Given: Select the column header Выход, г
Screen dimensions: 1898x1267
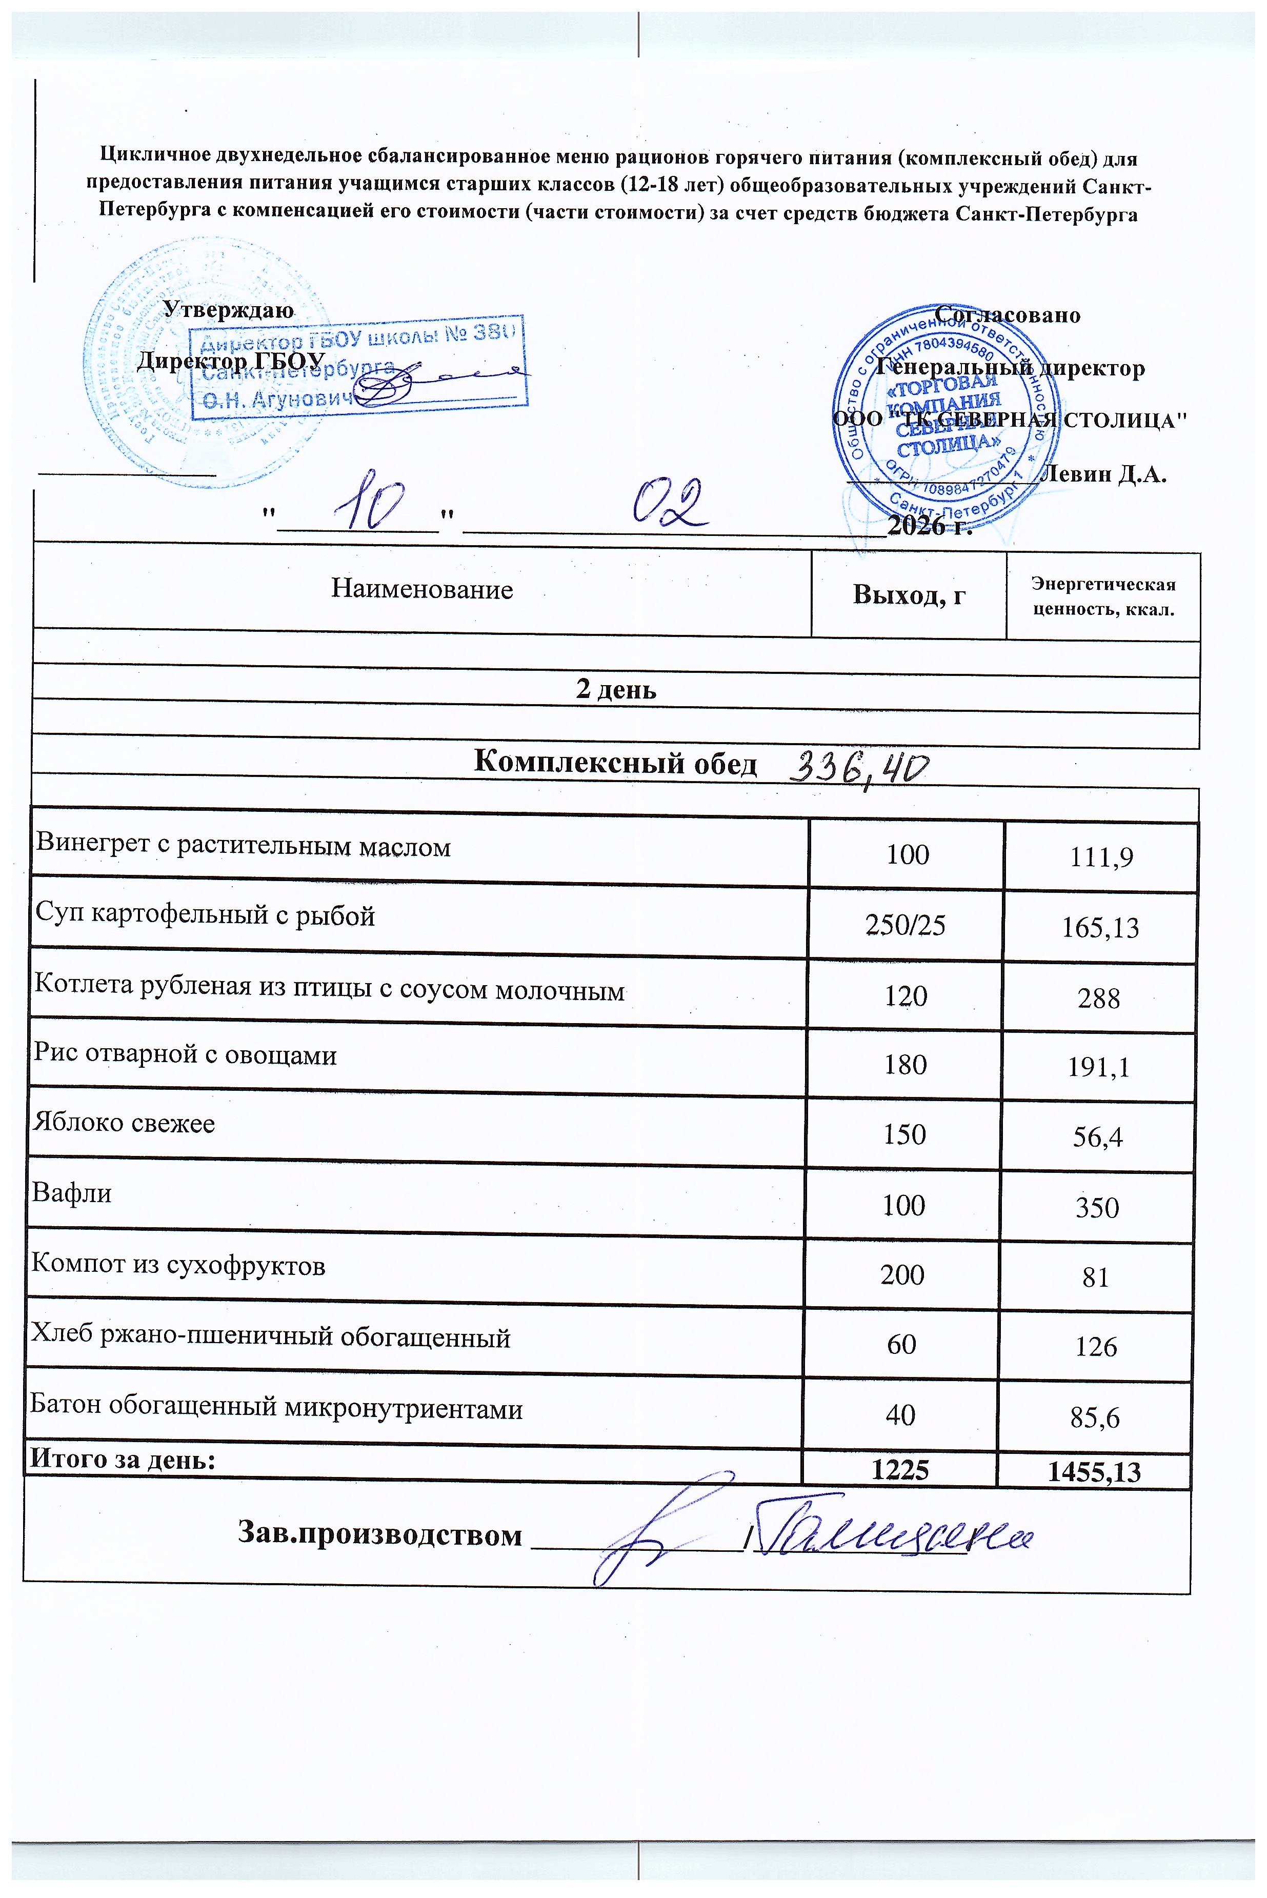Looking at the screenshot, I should pyautogui.click(x=909, y=595).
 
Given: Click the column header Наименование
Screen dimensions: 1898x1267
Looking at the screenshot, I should pyautogui.click(x=422, y=589).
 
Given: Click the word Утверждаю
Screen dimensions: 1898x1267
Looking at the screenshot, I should pyautogui.click(x=229, y=309).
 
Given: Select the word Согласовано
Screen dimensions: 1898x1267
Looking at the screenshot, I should pyautogui.click(x=1007, y=314).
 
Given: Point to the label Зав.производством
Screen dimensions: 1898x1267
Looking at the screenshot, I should pyautogui.click(x=380, y=1533).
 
